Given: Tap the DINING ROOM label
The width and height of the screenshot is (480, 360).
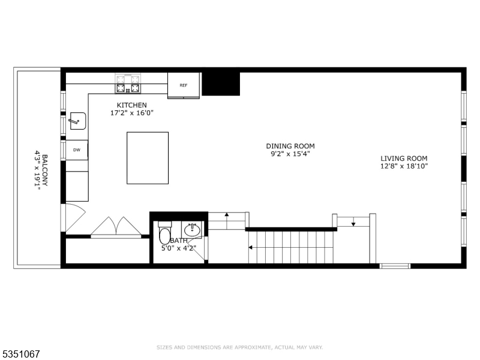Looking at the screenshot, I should (290, 146).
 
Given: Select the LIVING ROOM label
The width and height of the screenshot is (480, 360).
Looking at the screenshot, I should (404, 158).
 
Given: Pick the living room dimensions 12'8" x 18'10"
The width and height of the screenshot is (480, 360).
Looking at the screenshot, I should (404, 166).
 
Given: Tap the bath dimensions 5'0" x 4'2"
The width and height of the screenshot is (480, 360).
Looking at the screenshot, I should (178, 247).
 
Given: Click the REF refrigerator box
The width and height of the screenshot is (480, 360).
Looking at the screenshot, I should (184, 85).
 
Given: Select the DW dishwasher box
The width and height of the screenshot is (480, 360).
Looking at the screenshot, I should (77, 150).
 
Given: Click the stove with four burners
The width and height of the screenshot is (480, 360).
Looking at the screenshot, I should (128, 84).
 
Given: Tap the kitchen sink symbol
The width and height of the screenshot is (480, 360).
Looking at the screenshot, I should (77, 121).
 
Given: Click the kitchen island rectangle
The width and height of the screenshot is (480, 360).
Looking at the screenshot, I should (148, 158).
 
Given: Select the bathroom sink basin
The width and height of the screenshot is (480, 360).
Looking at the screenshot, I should (193, 230).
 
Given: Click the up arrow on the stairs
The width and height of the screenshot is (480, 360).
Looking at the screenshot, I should (227, 215).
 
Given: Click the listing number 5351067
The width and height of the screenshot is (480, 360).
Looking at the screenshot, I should (22, 354).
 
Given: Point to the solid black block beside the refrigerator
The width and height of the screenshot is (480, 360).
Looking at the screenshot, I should (221, 83).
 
